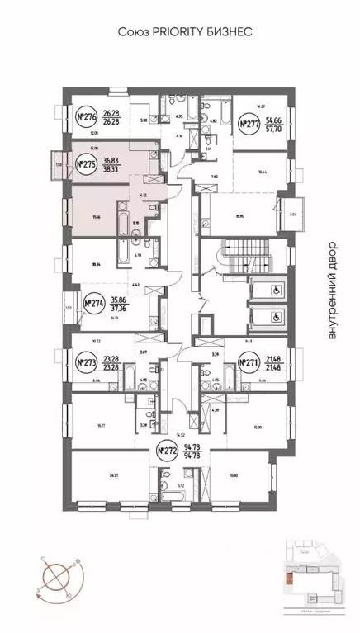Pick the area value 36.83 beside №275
(111, 161)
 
